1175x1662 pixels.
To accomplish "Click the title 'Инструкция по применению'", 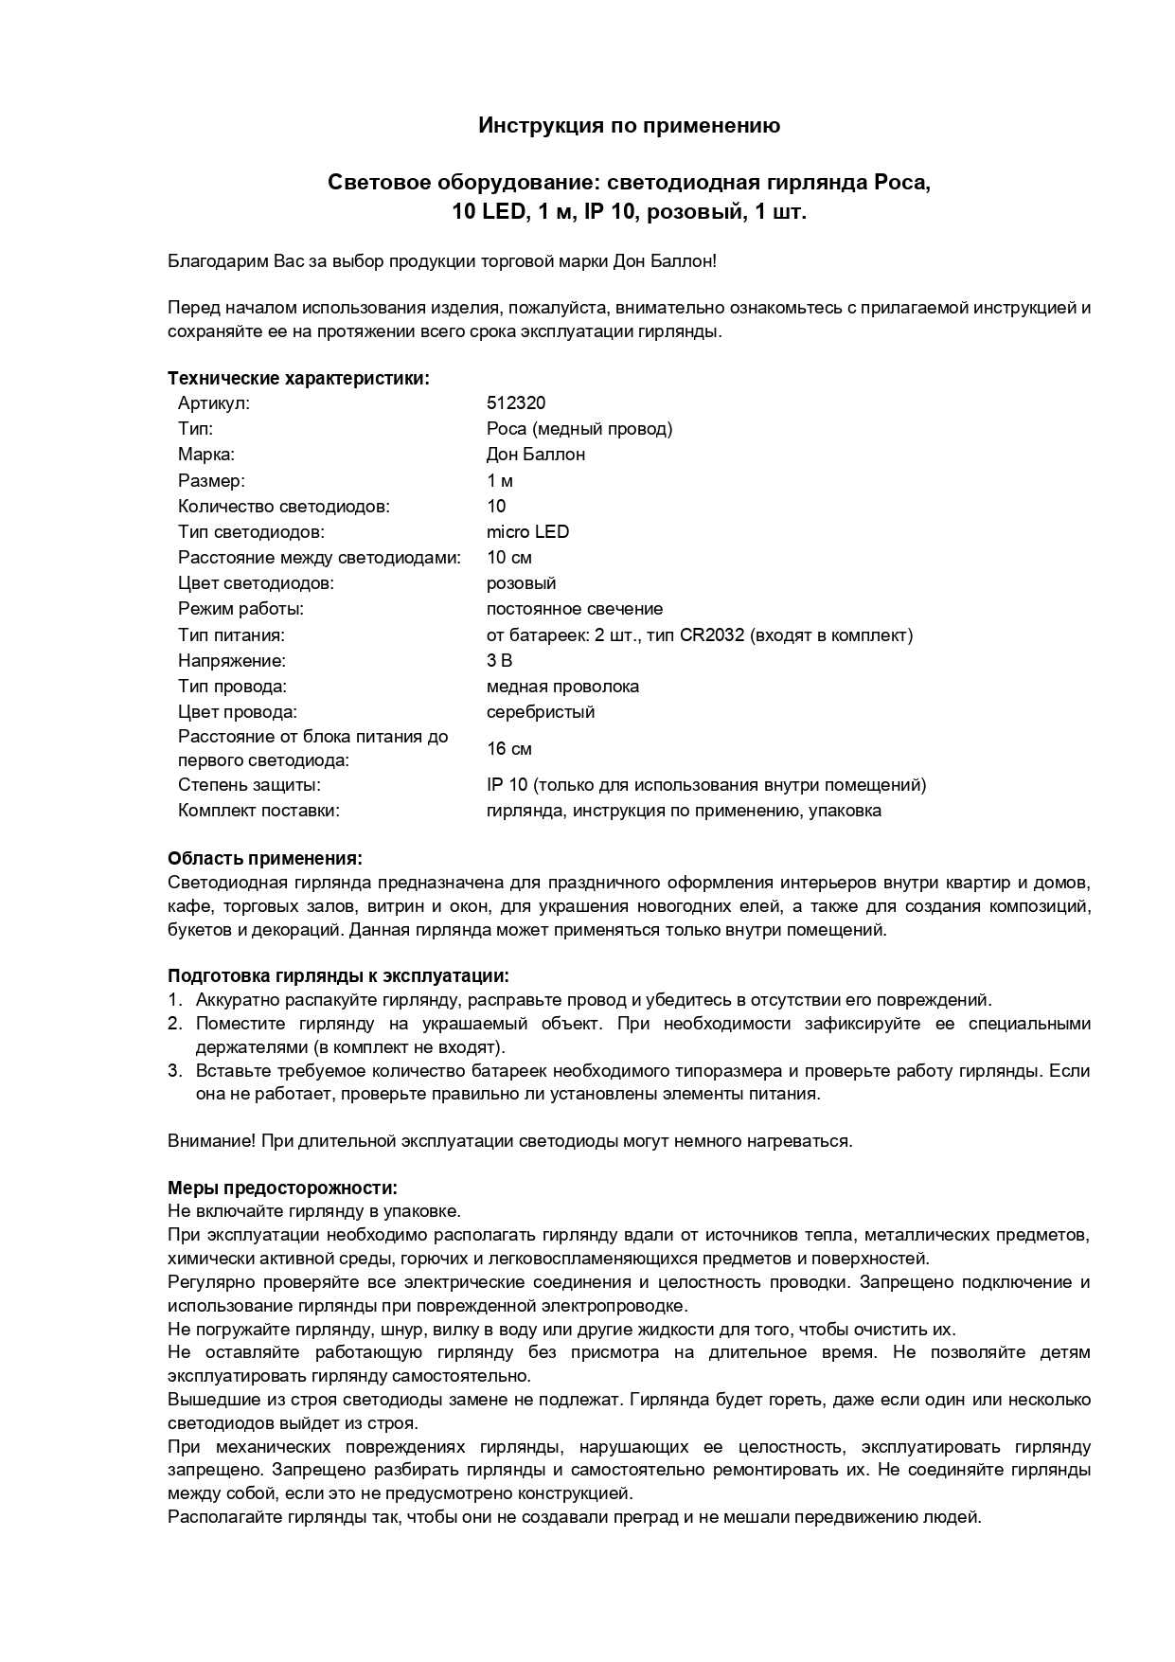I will pyautogui.click(x=629, y=125).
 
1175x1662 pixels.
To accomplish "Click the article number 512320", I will pyautogui.click(x=516, y=403).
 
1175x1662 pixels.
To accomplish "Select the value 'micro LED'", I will pyautogui.click(x=527, y=531).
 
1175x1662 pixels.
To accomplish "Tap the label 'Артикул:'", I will pyautogui.click(x=213, y=403).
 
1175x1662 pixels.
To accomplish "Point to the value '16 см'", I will pyautogui.click(x=509, y=749).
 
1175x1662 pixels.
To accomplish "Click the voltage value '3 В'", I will pyautogui.click(x=499, y=660).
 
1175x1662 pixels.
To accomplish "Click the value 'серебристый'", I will pyautogui.click(x=541, y=711).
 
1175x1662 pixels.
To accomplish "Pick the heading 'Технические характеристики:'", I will pyautogui.click(x=298, y=379).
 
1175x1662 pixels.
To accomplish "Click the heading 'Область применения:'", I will pyautogui.click(x=265, y=858).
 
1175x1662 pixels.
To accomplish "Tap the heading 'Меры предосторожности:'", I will pyautogui.click(x=282, y=1188).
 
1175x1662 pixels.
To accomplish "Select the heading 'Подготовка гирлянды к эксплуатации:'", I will pyautogui.click(x=338, y=975).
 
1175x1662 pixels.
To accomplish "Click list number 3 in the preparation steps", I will pyautogui.click(x=174, y=1071).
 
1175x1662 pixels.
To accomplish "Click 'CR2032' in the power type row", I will pyautogui.click(x=712, y=634).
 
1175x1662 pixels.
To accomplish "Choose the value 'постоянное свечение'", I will pyautogui.click(x=575, y=609).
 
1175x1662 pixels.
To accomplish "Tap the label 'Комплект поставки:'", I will pyautogui.click(x=258, y=810).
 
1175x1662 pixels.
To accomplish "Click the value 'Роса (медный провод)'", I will pyautogui.click(x=579, y=429).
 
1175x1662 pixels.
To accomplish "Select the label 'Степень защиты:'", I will pyautogui.click(x=249, y=784).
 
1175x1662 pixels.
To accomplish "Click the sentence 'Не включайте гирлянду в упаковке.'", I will pyautogui.click(x=314, y=1211).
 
